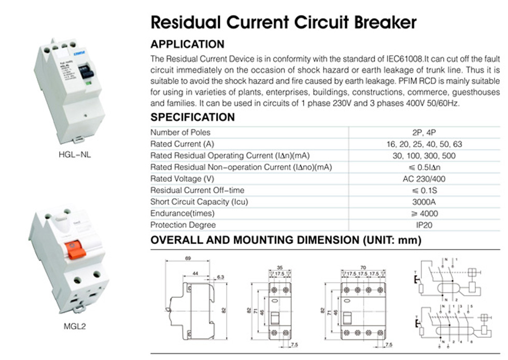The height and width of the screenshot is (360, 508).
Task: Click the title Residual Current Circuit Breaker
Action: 283,22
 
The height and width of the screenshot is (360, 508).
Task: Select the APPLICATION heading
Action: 187,44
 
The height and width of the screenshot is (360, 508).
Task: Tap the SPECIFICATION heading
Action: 192,117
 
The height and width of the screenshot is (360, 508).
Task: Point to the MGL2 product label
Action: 72,327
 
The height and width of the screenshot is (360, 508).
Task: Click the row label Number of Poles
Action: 180,133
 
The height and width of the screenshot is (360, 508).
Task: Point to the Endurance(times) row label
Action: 182,213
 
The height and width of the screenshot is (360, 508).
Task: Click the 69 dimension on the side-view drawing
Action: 189,257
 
